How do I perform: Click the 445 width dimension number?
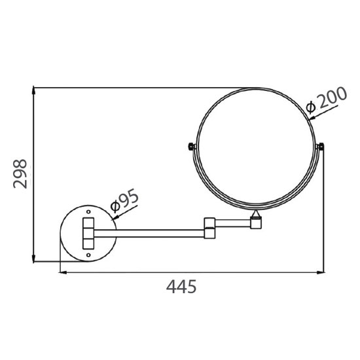[180, 287]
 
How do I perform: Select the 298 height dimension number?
[20, 173]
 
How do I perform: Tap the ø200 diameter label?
[325, 100]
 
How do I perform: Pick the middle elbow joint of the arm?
[210, 227]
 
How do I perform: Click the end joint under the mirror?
[256, 223]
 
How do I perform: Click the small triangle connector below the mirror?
[255, 214]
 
